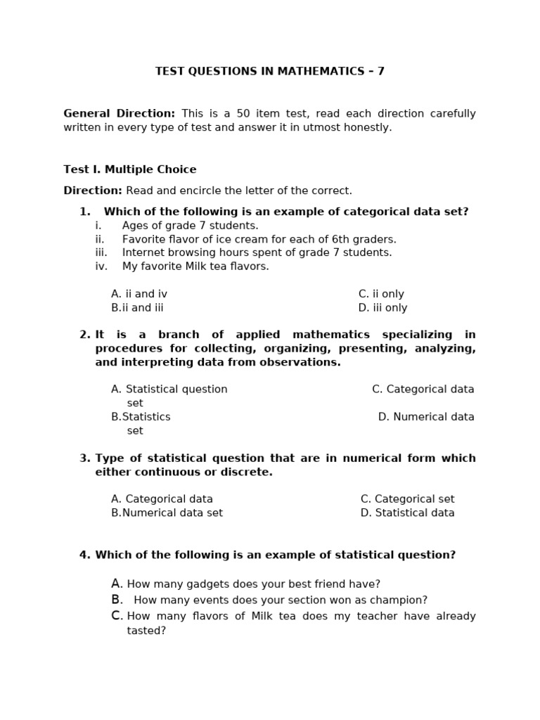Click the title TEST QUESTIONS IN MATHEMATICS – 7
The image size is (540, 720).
click(269, 71)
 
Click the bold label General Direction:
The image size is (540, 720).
click(119, 113)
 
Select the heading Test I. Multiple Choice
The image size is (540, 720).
click(130, 169)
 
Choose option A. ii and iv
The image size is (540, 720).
click(139, 294)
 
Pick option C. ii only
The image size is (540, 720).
click(381, 294)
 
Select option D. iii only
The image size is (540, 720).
click(382, 308)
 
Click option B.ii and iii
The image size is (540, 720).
click(137, 308)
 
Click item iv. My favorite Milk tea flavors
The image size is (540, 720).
click(195, 266)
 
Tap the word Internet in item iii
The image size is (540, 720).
click(143, 252)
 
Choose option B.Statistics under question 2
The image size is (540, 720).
click(141, 417)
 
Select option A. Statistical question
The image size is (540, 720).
click(169, 390)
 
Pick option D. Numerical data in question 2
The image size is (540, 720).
click(426, 417)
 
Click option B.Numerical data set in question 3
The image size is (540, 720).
click(167, 513)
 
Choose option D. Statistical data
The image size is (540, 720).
click(407, 513)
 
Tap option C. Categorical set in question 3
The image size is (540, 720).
click(407, 499)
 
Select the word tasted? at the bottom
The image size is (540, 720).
click(146, 631)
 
